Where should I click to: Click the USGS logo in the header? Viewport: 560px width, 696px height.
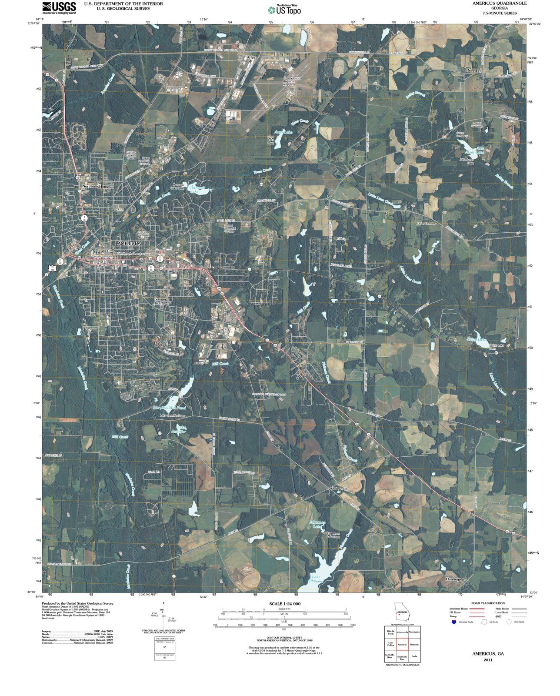pos(59,7)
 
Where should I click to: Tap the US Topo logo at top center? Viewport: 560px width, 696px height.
pos(284,10)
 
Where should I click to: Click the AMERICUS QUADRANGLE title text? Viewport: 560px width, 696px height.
pos(499,3)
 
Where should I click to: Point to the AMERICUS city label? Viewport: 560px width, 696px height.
pos(129,244)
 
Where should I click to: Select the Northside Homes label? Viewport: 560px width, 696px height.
pos(97,186)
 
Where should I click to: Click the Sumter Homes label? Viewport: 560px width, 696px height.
pos(160,301)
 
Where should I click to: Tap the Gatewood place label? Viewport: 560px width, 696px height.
pos(340,489)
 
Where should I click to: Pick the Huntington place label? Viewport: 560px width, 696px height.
pos(455,579)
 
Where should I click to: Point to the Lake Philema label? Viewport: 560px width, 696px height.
pos(316,579)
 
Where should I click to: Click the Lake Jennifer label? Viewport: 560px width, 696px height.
pos(181,429)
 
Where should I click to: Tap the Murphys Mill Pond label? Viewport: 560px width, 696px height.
pos(169,408)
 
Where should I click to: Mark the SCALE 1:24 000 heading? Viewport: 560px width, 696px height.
pos(285,604)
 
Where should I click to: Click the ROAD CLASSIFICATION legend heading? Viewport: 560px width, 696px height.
pos(488,603)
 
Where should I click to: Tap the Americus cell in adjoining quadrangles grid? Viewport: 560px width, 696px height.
pos(402,644)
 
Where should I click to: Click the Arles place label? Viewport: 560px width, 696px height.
pos(251,57)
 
